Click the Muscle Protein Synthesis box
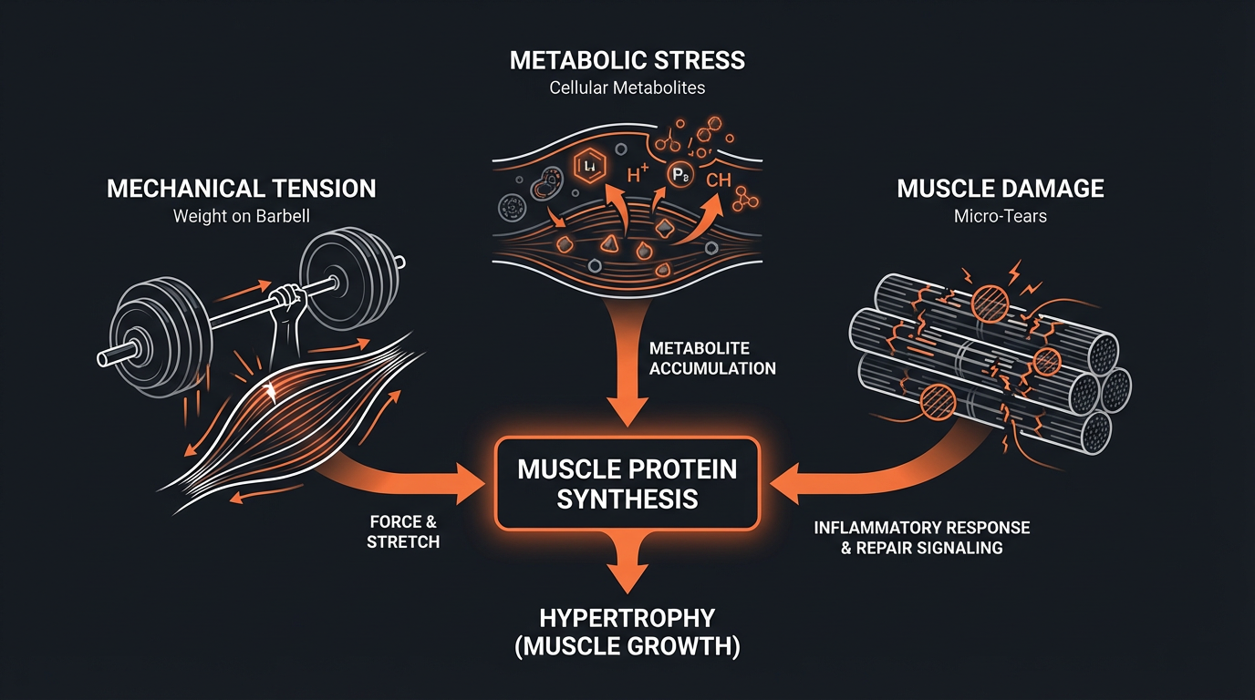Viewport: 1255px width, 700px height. [627, 483]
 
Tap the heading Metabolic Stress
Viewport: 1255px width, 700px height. [627, 61]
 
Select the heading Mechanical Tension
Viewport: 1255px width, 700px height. [242, 189]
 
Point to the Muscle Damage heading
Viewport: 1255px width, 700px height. [1001, 189]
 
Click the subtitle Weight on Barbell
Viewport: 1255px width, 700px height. [242, 217]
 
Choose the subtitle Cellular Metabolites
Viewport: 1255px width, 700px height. [627, 88]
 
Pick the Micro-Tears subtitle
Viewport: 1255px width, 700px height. [1001, 217]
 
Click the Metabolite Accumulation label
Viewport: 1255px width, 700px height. [712, 359]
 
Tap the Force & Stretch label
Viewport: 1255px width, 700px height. [403, 532]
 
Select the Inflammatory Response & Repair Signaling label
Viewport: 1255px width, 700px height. [921, 538]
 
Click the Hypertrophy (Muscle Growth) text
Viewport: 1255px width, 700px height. [627, 632]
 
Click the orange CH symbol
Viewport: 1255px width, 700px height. [718, 180]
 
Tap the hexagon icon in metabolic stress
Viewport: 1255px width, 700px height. [590, 165]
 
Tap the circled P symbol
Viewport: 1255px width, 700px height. [679, 176]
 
